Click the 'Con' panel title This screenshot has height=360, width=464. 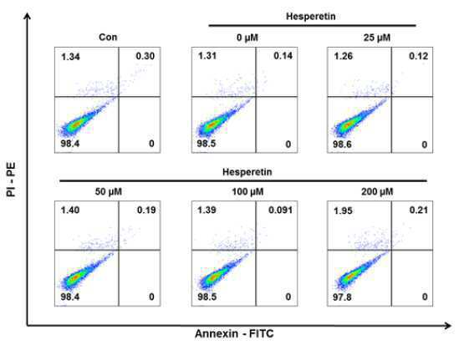point(108,38)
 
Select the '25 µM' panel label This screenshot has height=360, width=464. point(377,38)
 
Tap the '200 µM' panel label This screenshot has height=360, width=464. point(377,192)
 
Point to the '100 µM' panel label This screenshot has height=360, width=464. point(247,192)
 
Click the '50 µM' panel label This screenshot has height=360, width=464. point(109,192)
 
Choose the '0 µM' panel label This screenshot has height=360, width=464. point(247,38)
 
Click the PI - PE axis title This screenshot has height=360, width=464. point(11,179)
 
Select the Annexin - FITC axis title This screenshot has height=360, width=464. point(234,334)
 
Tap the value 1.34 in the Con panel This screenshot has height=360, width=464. point(70,57)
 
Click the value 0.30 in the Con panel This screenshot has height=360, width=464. point(145,56)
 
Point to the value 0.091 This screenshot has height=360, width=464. point(281,210)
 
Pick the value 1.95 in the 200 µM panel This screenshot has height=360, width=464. point(343,210)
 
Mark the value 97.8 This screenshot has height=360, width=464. point(342,297)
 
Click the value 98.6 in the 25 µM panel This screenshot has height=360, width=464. point(343,145)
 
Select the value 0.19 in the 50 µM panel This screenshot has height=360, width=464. point(146,210)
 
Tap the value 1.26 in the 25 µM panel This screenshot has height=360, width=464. point(344,56)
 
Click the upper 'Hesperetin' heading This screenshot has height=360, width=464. point(311,16)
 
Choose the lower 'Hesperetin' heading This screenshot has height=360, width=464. point(247,172)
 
